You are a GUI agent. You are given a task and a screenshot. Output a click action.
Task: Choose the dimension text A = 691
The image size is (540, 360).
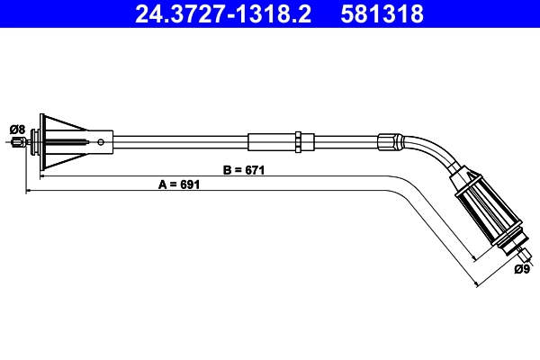tap(178, 184)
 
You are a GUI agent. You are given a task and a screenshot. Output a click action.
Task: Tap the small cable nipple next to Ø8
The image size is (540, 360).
tap(17, 140)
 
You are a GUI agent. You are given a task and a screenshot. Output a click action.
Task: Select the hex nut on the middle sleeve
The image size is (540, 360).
tap(297, 140)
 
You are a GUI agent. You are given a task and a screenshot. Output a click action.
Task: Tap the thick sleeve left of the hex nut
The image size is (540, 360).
tap(270, 140)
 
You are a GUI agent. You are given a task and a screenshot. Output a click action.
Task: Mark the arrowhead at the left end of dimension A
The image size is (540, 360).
tap(30, 190)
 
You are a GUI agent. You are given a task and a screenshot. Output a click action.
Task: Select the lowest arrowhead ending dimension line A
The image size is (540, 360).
tap(476, 284)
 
